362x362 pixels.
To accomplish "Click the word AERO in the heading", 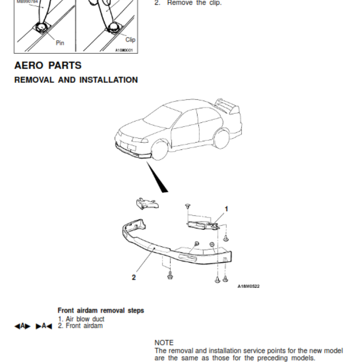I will [x=29, y=65].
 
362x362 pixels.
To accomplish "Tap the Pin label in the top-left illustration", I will [x=60, y=43].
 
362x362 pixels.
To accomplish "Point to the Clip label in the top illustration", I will [x=130, y=39].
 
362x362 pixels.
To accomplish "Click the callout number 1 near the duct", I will [x=227, y=209].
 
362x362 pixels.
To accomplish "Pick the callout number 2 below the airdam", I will [x=133, y=277].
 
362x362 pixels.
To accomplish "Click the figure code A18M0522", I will [x=248, y=286].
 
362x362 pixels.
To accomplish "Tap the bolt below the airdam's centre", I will [x=170, y=275].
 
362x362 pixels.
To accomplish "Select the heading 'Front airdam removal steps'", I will [x=101, y=310].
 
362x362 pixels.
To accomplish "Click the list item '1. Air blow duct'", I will [x=81, y=319].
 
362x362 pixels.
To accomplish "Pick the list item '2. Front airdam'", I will [x=80, y=325].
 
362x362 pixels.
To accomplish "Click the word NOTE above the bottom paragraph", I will [x=164, y=343].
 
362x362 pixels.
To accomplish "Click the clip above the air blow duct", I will [x=187, y=206].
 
